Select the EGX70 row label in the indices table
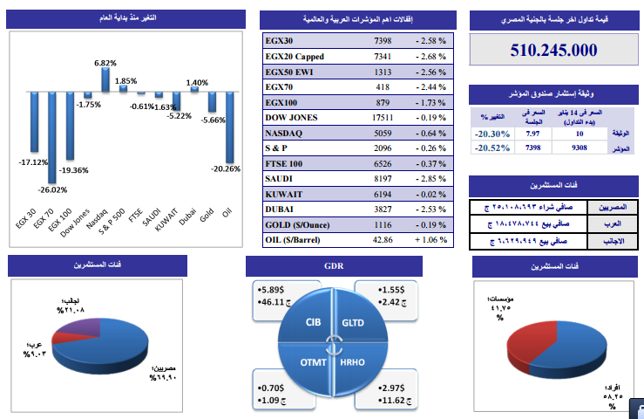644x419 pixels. click(280, 87)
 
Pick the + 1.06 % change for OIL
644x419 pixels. click(430, 239)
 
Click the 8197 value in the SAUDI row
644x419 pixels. click(383, 179)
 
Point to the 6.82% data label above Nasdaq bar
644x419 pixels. click(105, 63)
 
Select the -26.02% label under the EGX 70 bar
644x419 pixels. click(52, 189)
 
